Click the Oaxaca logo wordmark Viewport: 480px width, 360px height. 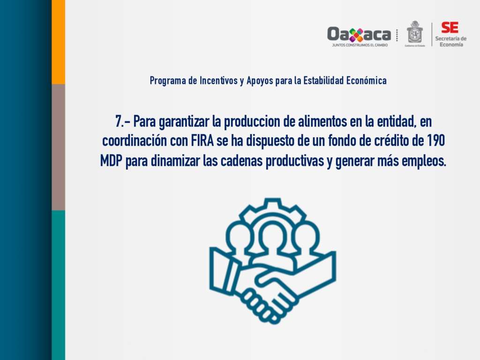(359, 34)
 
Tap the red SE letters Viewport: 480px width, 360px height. (450, 28)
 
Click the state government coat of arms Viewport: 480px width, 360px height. (414, 32)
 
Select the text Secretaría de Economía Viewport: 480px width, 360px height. (451, 42)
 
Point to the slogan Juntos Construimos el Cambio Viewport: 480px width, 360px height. (360, 45)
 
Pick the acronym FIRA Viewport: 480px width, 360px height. (202, 141)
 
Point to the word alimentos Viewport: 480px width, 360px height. (322, 121)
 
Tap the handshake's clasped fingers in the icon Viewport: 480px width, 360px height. (263, 303)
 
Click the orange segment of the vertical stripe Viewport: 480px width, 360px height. (58, 42)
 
